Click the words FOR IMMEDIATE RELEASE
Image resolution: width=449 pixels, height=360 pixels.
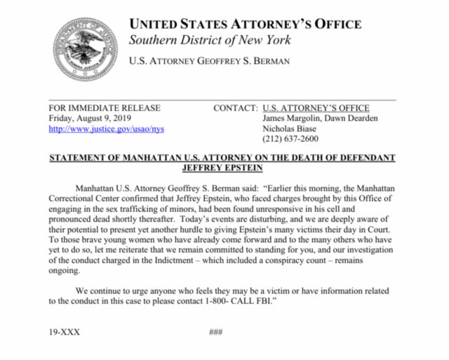point(105,108)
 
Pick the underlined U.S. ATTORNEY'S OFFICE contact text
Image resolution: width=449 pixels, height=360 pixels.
point(316,108)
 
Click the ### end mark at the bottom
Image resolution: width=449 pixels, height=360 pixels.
point(216,332)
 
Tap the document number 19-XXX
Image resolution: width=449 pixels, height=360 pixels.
point(65,332)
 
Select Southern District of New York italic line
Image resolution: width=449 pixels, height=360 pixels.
point(209,39)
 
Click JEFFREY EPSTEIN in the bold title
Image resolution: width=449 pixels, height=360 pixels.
point(222,168)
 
